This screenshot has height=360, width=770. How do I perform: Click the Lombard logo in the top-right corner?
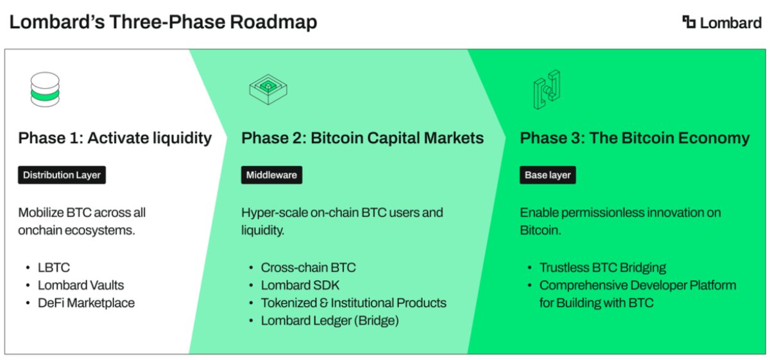[x=721, y=22]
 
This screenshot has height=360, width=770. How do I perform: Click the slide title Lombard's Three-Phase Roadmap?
[x=163, y=22]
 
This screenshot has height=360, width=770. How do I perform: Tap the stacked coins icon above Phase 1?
[x=45, y=89]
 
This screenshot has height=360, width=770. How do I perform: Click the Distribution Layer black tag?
[x=62, y=175]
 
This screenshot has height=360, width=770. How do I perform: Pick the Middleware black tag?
[x=271, y=175]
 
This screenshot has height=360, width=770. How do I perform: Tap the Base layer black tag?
[x=547, y=175]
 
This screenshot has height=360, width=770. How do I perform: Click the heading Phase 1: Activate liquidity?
[x=115, y=138]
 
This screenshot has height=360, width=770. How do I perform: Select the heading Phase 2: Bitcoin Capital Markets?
[x=363, y=138]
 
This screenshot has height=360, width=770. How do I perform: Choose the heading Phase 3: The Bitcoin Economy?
[x=635, y=138]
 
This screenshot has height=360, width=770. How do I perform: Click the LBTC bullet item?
[x=54, y=267]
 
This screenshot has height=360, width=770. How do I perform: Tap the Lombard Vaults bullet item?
[x=81, y=285]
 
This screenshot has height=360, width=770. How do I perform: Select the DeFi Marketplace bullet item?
[x=86, y=303]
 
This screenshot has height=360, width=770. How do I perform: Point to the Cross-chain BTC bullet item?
[x=308, y=267]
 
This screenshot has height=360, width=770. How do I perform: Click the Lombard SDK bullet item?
[x=300, y=285]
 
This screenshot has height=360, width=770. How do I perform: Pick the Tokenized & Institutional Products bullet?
[x=354, y=303]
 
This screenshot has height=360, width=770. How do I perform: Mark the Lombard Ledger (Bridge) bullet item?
[x=330, y=321]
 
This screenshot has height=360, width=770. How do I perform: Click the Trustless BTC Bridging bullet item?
[x=603, y=267]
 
